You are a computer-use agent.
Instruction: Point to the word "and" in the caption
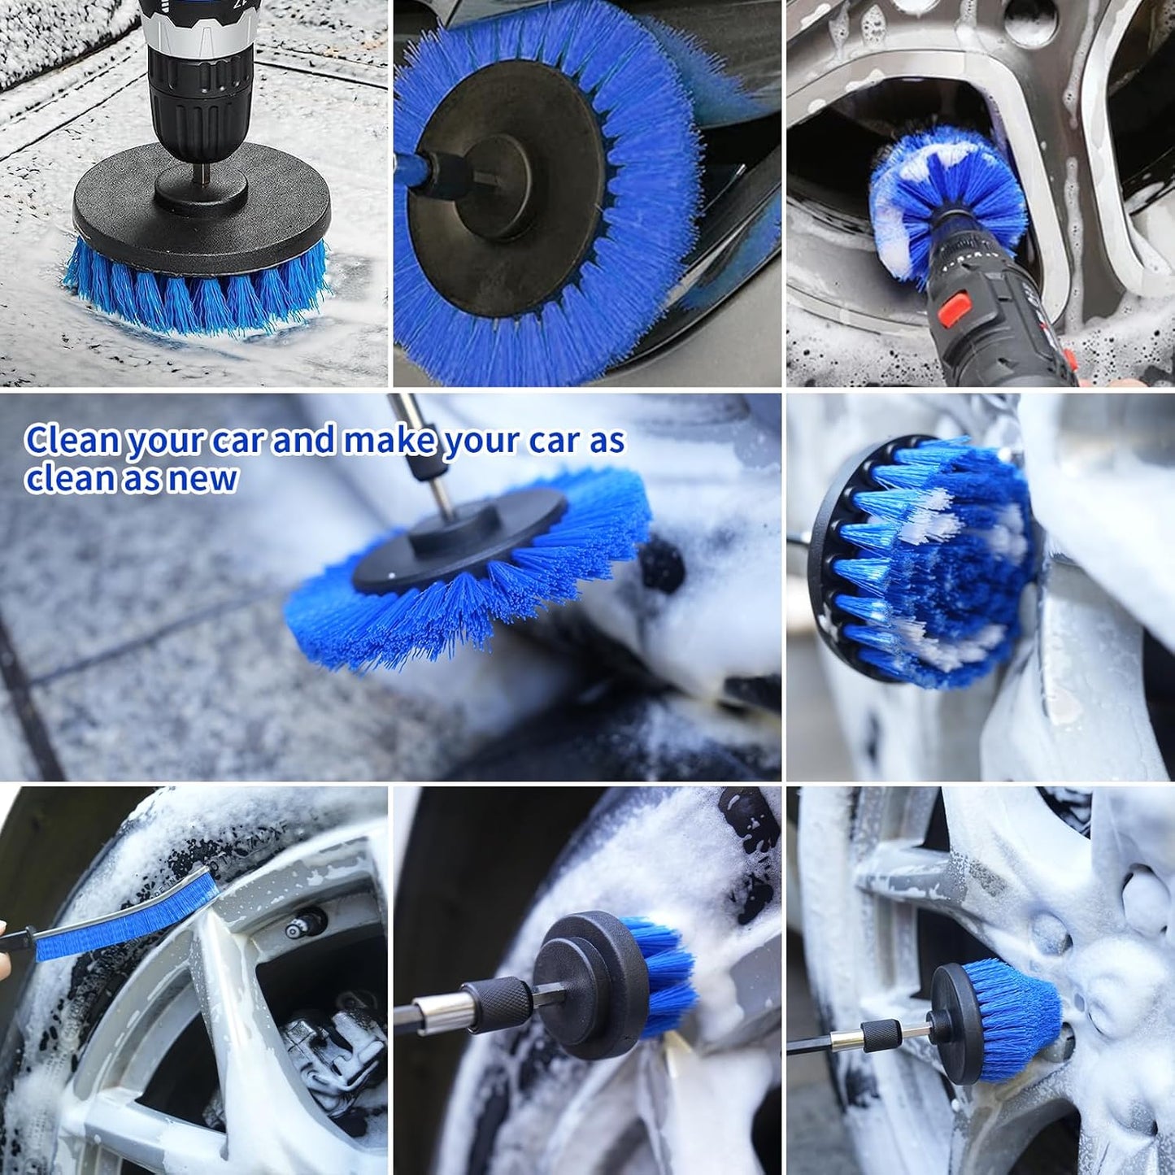(303, 441)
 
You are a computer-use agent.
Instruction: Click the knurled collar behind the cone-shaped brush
(882, 1036)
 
